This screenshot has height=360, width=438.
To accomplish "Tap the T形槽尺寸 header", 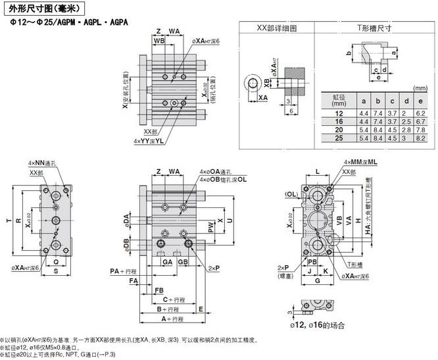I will click(374, 28).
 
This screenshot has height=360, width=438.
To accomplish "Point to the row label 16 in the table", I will click(339, 122).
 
